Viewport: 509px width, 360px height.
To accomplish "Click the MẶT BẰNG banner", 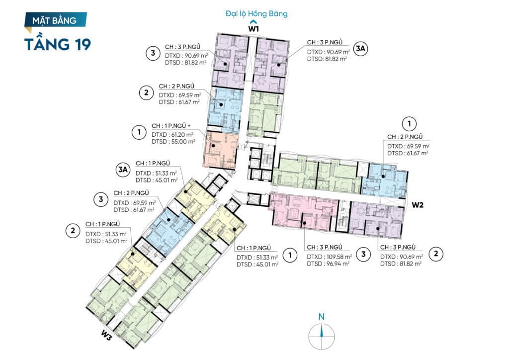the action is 56,20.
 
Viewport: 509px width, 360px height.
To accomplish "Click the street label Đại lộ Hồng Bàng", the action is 256,13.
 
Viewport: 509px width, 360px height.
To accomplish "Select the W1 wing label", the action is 254,28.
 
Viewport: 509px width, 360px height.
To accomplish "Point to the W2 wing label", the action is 418,205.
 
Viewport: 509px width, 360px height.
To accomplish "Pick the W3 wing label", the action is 106,335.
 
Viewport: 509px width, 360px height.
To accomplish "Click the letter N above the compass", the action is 322,317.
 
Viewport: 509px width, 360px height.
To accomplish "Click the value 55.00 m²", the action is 182,142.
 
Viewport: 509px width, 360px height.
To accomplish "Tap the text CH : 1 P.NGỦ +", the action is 171,126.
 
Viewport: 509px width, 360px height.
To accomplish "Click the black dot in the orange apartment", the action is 213,146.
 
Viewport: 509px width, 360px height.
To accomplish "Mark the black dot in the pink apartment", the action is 305,223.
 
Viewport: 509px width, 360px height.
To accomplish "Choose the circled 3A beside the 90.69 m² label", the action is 360,49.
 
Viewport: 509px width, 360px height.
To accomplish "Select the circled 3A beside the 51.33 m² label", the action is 123,170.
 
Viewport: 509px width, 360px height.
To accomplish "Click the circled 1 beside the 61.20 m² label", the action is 139,132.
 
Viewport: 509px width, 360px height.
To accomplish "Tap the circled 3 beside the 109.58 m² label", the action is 363,254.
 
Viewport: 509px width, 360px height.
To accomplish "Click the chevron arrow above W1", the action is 254,22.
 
